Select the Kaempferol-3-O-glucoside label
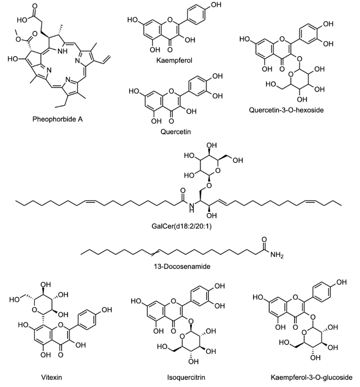(302, 378)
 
